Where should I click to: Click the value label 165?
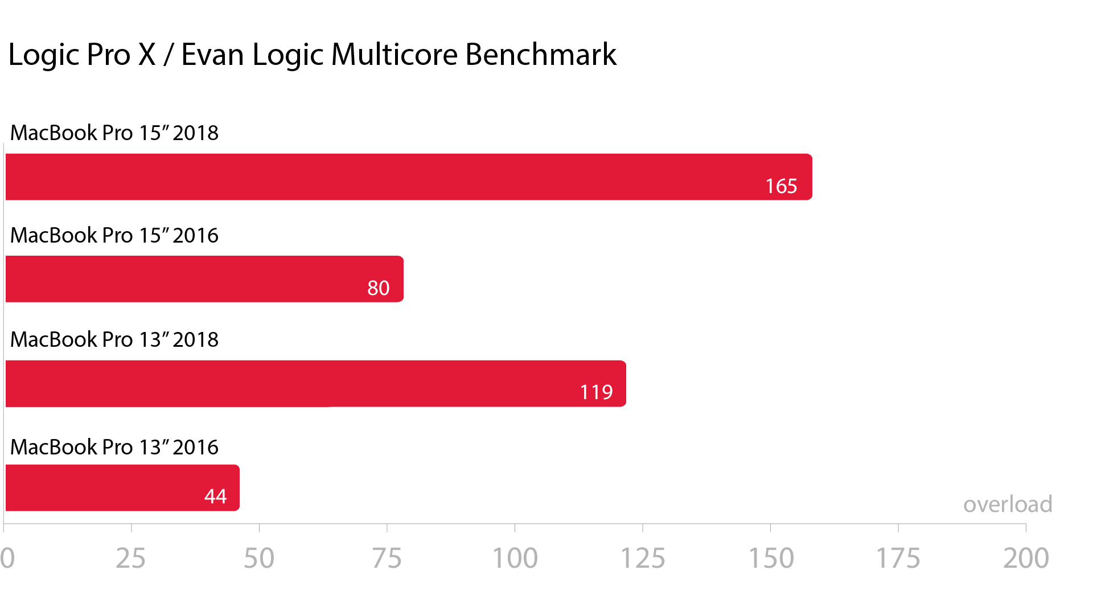click(x=781, y=186)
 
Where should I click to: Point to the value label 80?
click(x=378, y=288)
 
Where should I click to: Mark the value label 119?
click(x=596, y=392)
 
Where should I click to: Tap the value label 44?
click(x=215, y=497)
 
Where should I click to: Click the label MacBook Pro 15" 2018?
click(x=114, y=133)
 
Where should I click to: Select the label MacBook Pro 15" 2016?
click(x=114, y=235)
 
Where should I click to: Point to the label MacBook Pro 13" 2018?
click(x=114, y=339)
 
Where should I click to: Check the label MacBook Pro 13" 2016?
click(x=114, y=447)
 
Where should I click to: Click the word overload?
click(x=1007, y=505)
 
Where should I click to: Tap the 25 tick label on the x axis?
click(x=131, y=558)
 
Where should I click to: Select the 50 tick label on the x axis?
click(x=259, y=558)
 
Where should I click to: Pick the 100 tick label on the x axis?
click(x=515, y=558)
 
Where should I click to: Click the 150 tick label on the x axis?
click(x=771, y=558)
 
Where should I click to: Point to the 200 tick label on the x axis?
click(x=1026, y=558)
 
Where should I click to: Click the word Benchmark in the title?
click(x=541, y=55)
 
